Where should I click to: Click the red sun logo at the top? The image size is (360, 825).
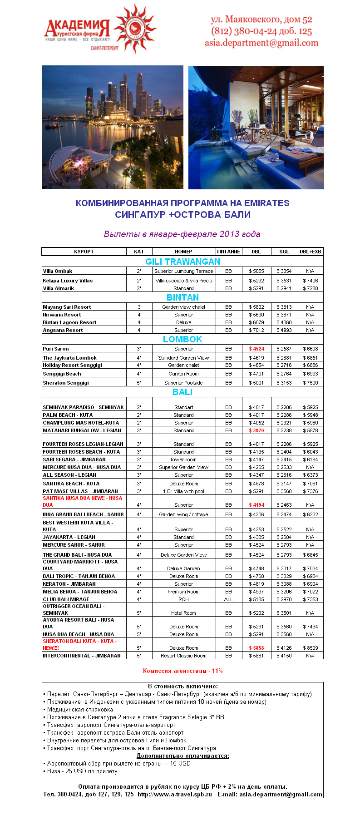[135, 28]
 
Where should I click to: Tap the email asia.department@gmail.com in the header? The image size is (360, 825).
[261, 43]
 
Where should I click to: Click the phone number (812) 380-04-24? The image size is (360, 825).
[244, 31]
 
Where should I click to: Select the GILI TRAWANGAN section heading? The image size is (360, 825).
[182, 262]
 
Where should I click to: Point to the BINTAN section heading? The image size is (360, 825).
[182, 297]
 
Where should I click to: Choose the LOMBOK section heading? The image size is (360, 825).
[182, 339]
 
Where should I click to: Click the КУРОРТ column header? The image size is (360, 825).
[84, 252]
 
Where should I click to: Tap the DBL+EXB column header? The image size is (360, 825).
[310, 252]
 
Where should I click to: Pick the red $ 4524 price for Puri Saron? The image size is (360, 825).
[256, 349]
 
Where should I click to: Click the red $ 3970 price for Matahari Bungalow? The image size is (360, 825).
[256, 430]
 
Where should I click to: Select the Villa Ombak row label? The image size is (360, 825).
[58, 271]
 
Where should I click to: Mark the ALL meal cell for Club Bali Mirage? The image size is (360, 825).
[228, 599]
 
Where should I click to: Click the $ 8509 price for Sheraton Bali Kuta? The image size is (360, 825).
[311, 648]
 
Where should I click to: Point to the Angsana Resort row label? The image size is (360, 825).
[63, 330]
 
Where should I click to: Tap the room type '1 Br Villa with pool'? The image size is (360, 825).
[183, 491]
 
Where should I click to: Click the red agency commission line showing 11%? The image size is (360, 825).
[182, 671]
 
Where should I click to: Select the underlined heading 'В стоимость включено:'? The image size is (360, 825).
[182, 686]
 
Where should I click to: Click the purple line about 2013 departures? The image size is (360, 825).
[182, 234]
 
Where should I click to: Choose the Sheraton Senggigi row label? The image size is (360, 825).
[66, 383]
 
